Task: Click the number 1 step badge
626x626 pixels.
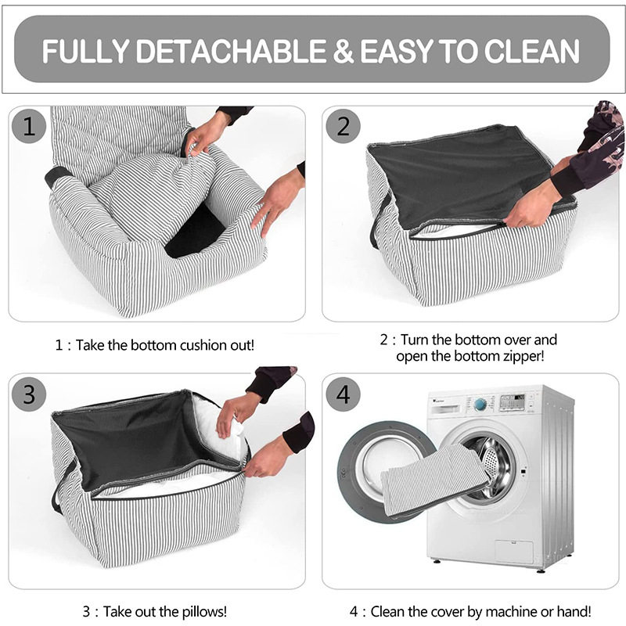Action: [29, 126]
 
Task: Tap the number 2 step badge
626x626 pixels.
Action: [343, 126]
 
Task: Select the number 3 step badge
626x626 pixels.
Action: [29, 394]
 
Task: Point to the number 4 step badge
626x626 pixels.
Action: [343, 394]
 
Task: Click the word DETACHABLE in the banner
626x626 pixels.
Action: [231, 51]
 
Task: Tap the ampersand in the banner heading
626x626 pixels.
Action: [343, 51]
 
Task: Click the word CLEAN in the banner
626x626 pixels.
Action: [532, 51]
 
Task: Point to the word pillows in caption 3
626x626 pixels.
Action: [204, 612]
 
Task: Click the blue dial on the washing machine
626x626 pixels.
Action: [480, 405]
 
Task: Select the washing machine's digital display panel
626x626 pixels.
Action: [513, 402]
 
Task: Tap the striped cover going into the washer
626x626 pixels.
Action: [435, 479]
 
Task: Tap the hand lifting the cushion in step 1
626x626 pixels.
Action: [206, 135]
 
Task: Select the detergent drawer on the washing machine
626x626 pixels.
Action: [446, 408]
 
